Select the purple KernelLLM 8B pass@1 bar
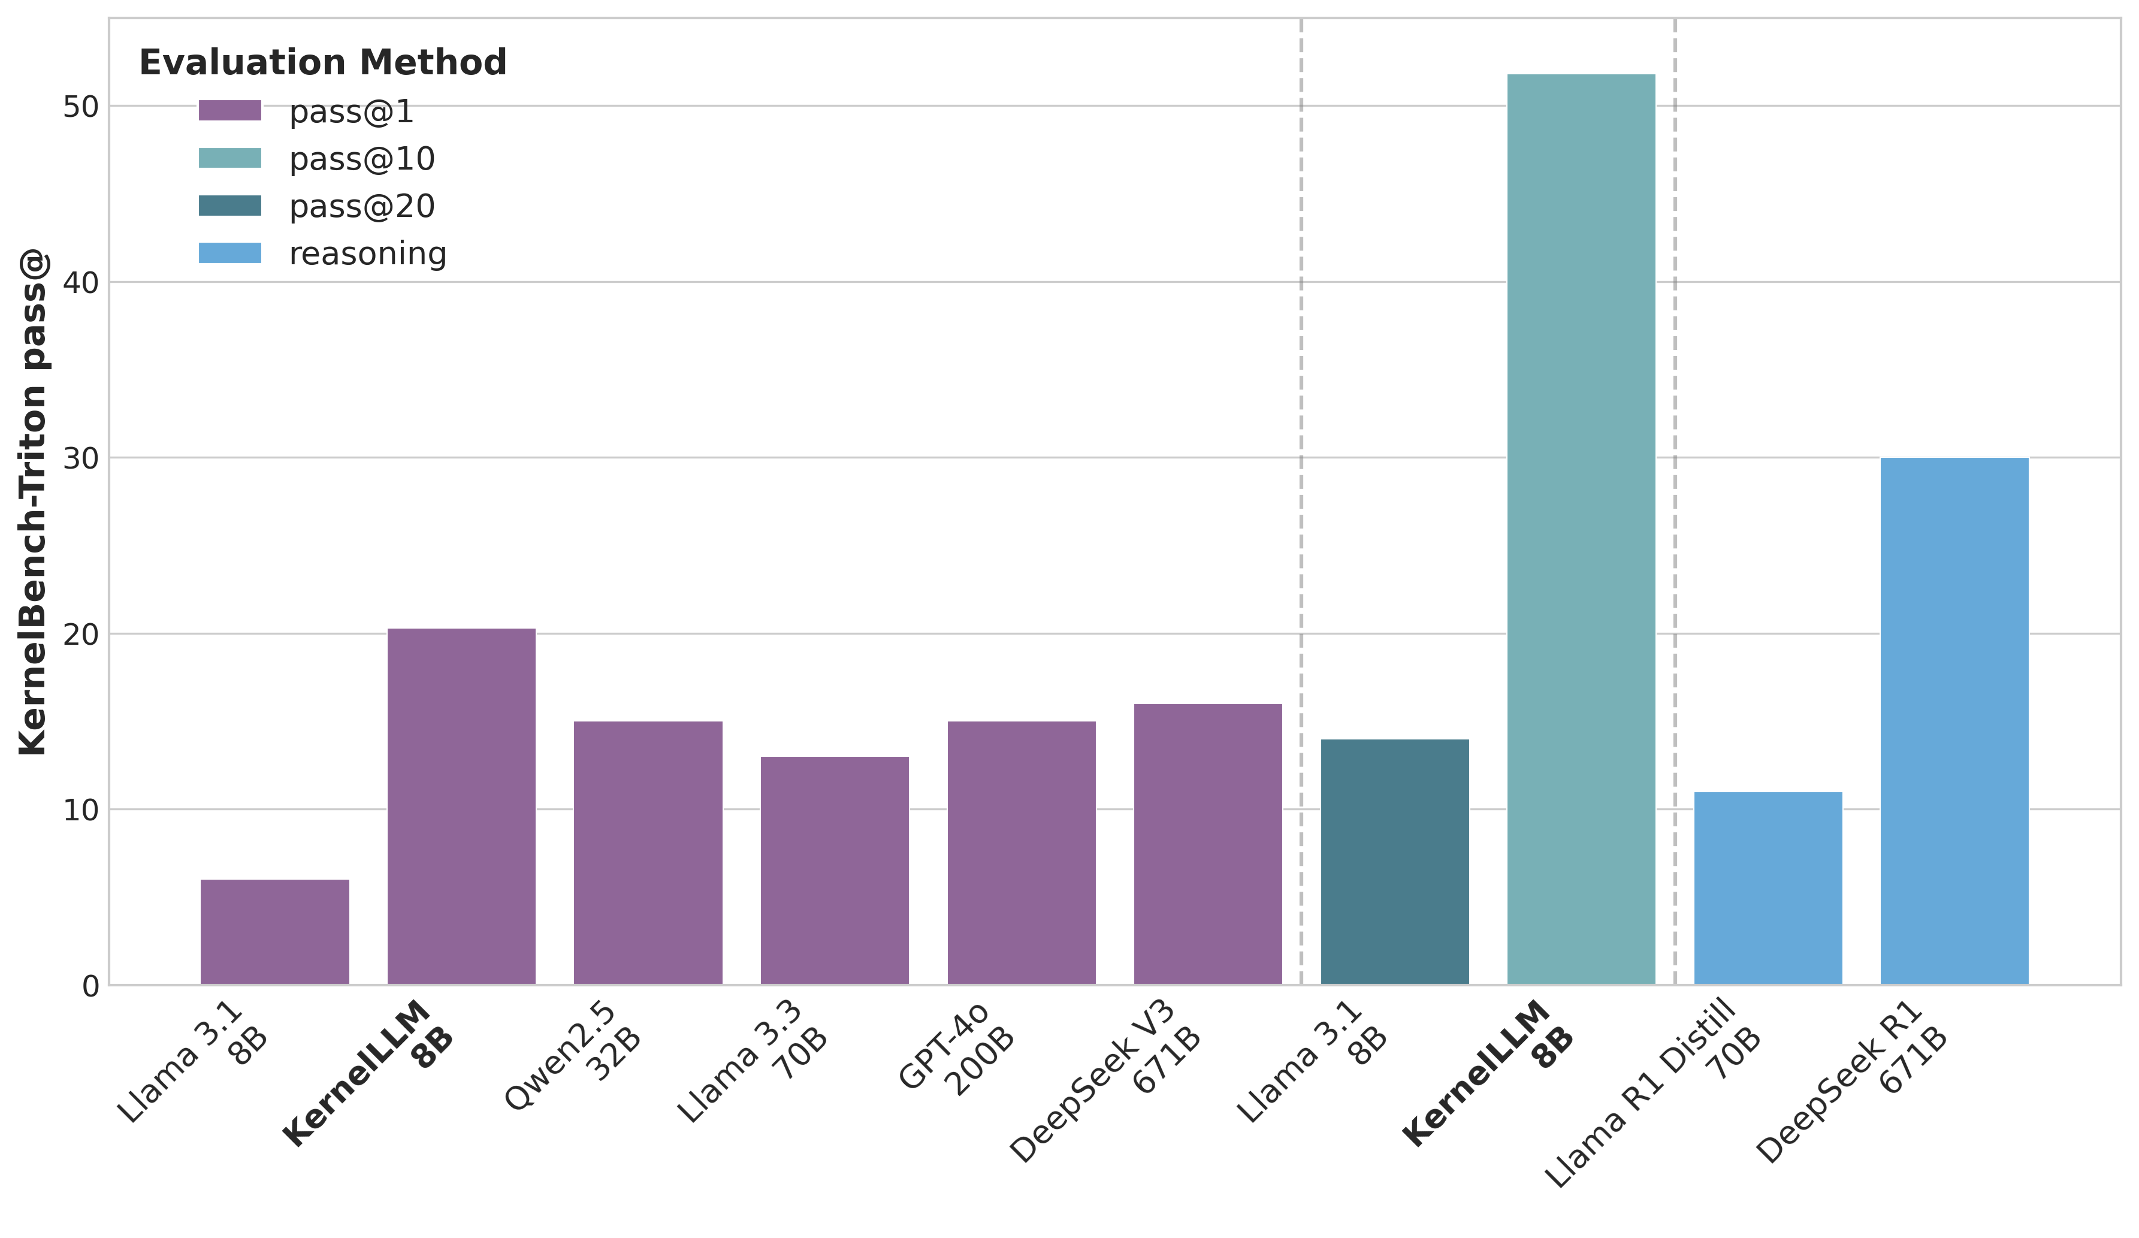click(461, 806)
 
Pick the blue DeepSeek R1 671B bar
click(1954, 721)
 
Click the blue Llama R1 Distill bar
click(1768, 887)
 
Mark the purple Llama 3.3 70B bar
click(835, 869)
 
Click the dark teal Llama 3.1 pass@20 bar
click(1395, 861)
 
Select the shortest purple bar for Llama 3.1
click(274, 931)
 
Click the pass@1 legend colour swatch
click(229, 110)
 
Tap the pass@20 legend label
click(362, 206)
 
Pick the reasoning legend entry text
click(367, 254)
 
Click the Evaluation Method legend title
click(322, 63)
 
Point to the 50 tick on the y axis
click(81, 107)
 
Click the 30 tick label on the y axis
click(81, 458)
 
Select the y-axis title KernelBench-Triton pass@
click(34, 501)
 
